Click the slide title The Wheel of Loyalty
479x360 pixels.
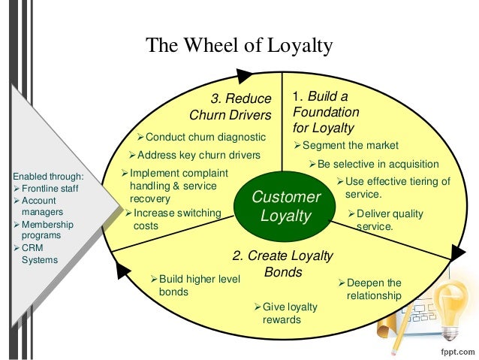pos(239,47)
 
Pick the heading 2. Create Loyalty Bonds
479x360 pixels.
pos(282,263)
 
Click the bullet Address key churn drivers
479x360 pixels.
pos(194,155)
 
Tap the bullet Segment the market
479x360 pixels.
pos(345,145)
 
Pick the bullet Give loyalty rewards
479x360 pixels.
pos(285,313)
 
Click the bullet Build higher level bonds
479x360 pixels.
pos(195,286)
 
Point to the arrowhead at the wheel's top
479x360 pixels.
pos(245,74)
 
